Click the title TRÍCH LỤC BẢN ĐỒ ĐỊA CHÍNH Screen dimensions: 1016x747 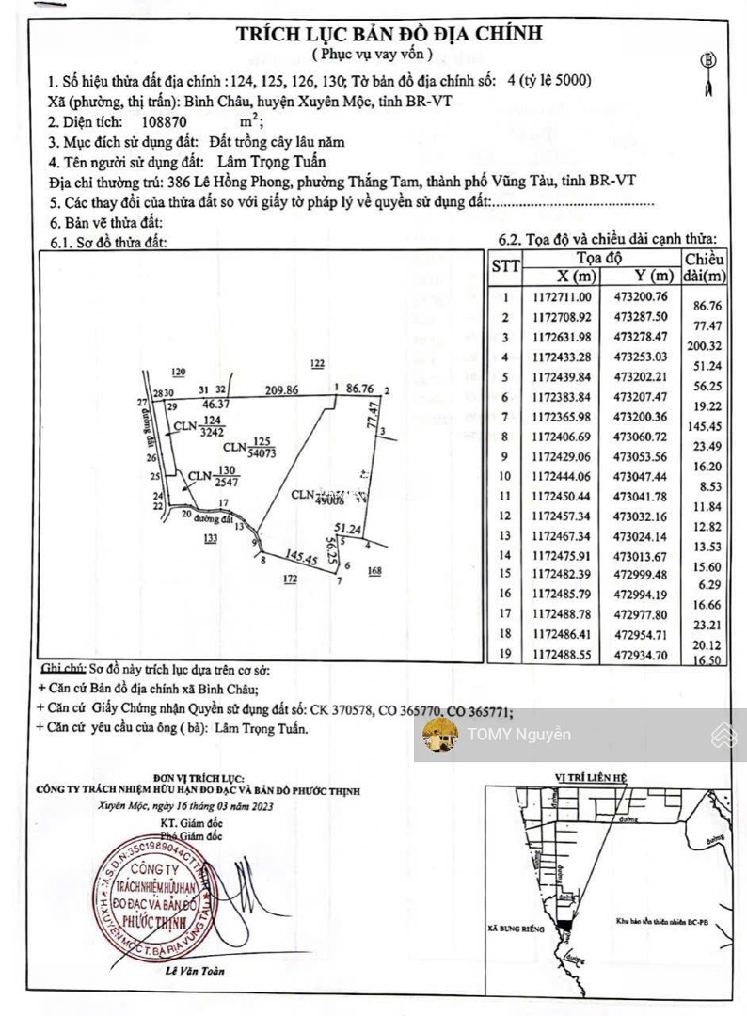tap(389, 34)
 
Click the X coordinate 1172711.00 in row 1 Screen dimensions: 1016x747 tap(564, 297)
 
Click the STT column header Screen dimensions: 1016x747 tap(505, 266)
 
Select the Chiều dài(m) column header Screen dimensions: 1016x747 tap(705, 266)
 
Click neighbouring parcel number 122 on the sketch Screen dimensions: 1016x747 tap(317, 363)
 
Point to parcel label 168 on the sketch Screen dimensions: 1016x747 tap(374, 570)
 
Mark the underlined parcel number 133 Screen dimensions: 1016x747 tap(209, 538)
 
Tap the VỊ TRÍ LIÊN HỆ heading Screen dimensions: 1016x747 tap(590, 778)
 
